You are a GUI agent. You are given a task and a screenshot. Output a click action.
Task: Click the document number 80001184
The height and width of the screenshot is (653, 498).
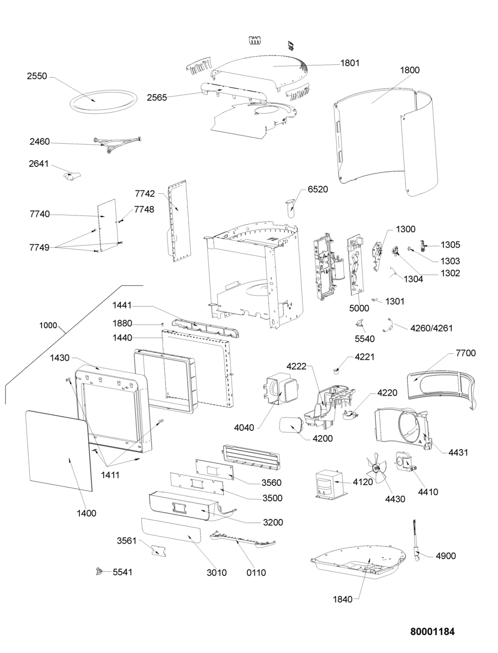(x=432, y=632)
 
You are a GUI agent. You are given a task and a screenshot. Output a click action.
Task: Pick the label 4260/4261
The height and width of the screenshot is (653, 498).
(x=432, y=328)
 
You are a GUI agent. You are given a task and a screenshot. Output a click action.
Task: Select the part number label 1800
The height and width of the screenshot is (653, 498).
(x=409, y=70)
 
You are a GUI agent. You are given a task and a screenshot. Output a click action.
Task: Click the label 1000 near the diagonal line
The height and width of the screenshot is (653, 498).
(x=48, y=325)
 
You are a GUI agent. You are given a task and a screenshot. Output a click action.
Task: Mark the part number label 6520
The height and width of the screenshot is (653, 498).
(x=318, y=189)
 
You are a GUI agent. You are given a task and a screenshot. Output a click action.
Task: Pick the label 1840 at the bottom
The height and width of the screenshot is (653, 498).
(x=343, y=599)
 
